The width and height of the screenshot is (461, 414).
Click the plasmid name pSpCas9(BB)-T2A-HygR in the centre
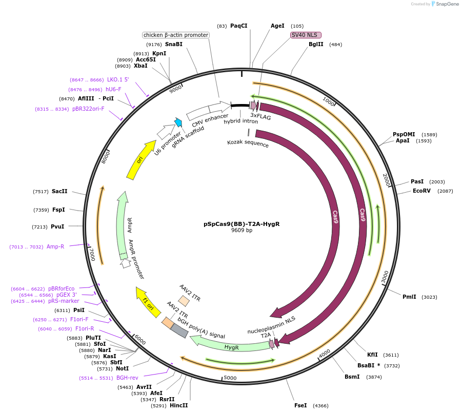point(242,224)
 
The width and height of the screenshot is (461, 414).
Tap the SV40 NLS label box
point(306,35)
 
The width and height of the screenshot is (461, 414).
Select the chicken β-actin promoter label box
point(176,35)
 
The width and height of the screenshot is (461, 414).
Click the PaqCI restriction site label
point(238,26)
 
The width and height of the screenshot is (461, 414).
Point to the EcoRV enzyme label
point(423,191)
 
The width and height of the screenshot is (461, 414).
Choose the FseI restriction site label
point(300,405)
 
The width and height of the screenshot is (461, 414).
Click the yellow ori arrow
point(141,159)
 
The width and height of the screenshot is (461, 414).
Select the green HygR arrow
point(231,346)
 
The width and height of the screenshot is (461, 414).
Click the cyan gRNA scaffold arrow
point(178,122)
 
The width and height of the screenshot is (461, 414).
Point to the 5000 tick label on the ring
point(230,378)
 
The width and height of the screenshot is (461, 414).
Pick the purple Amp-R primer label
point(55,246)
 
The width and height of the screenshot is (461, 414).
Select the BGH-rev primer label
point(127,378)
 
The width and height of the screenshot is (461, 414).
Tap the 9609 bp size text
point(242,231)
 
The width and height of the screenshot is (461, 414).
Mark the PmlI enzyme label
point(409,297)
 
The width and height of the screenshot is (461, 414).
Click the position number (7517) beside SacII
point(41,191)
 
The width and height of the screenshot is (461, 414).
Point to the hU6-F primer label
point(113,89)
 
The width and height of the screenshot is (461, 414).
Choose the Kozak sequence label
point(248,143)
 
